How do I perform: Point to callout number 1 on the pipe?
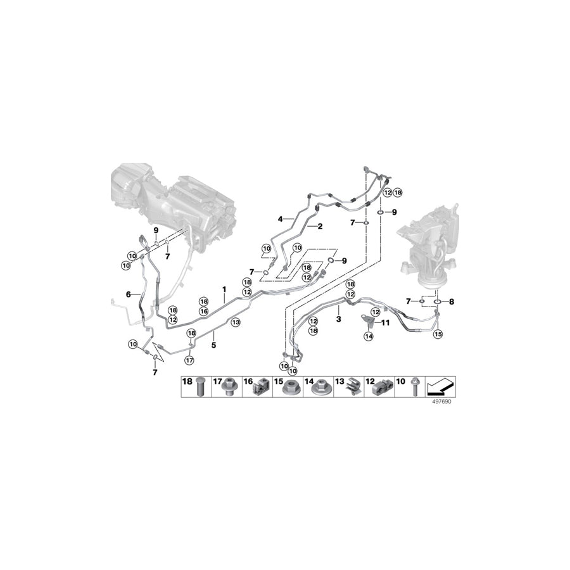(224, 289)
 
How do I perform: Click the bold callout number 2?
(320, 226)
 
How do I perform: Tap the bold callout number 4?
(279, 218)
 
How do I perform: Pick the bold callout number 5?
(213, 345)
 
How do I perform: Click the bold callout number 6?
(129, 294)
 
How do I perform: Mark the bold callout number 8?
(452, 302)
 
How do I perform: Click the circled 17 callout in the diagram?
(188, 360)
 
